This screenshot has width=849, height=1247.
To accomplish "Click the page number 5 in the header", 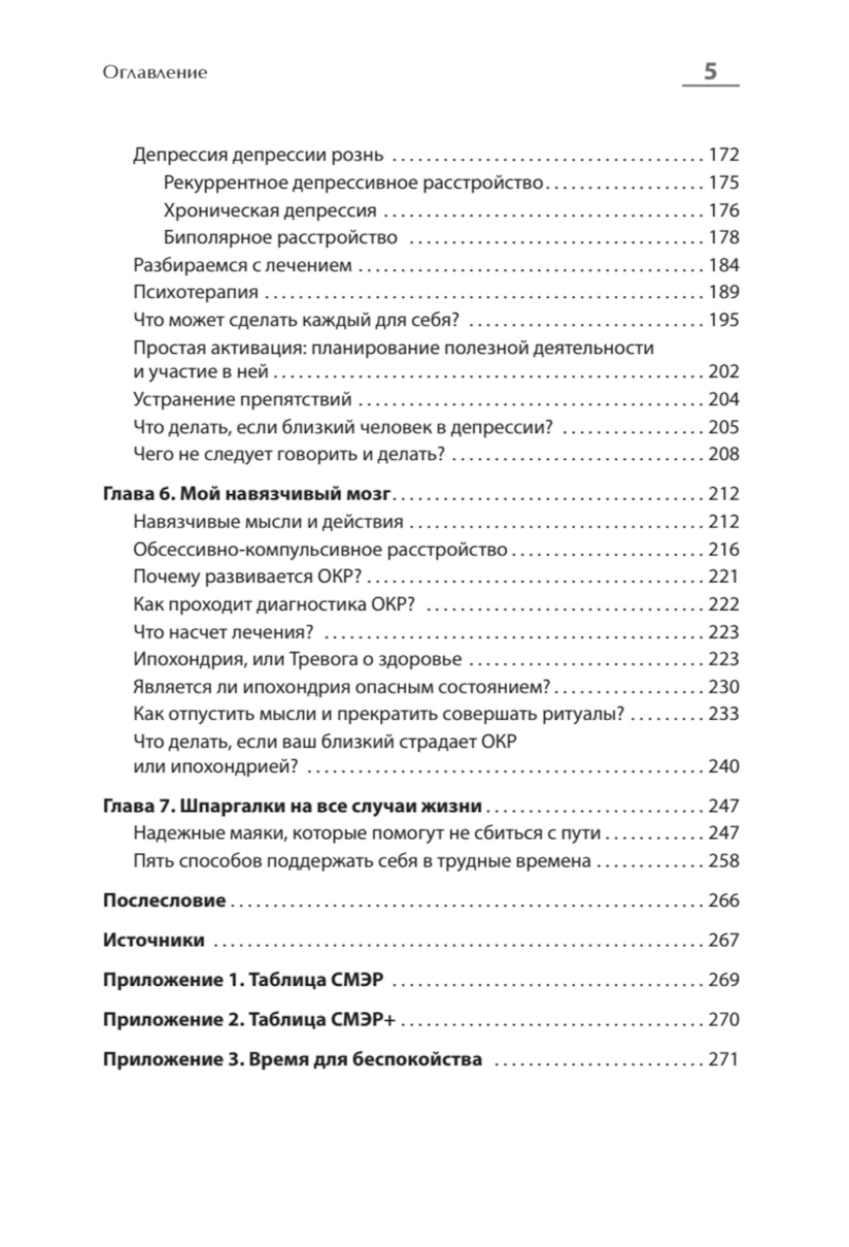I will pyautogui.click(x=711, y=71).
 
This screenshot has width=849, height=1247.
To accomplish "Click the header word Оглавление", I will pyautogui.click(x=155, y=73).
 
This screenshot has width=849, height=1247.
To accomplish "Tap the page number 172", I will pyautogui.click(x=723, y=155).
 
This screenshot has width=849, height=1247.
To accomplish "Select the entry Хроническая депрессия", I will pyautogui.click(x=270, y=211).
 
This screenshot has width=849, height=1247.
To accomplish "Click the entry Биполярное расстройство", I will pyautogui.click(x=280, y=238).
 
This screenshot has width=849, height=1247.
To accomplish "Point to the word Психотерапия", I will pyautogui.click(x=195, y=292).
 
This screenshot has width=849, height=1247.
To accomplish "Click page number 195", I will pyautogui.click(x=723, y=320).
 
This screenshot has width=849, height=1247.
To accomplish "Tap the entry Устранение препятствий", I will pyautogui.click(x=242, y=399).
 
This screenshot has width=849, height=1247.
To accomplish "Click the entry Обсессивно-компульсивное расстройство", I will pyautogui.click(x=320, y=549).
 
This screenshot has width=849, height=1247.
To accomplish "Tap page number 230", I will pyautogui.click(x=723, y=687).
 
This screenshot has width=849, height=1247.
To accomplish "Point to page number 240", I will pyautogui.click(x=723, y=767).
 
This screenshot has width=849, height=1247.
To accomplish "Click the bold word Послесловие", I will pyautogui.click(x=164, y=900).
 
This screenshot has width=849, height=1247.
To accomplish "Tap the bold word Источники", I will pyautogui.click(x=154, y=940).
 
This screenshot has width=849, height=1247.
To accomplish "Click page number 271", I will pyautogui.click(x=723, y=1059).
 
